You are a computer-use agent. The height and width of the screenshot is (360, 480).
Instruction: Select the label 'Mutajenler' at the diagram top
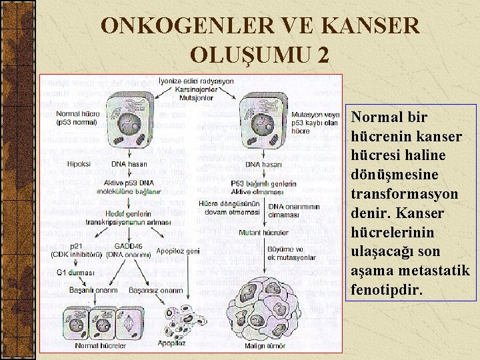[195, 97]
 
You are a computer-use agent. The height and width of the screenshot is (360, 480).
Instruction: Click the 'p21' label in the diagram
[77, 246]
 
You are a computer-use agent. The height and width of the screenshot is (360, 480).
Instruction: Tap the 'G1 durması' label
[75, 273]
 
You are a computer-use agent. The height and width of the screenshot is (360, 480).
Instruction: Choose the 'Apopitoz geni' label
[178, 251]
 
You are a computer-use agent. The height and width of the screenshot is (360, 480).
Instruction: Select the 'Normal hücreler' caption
[101, 346]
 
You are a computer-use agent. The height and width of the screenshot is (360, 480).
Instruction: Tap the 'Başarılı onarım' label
[93, 290]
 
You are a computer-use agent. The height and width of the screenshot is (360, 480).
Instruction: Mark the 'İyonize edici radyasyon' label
[196, 81]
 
